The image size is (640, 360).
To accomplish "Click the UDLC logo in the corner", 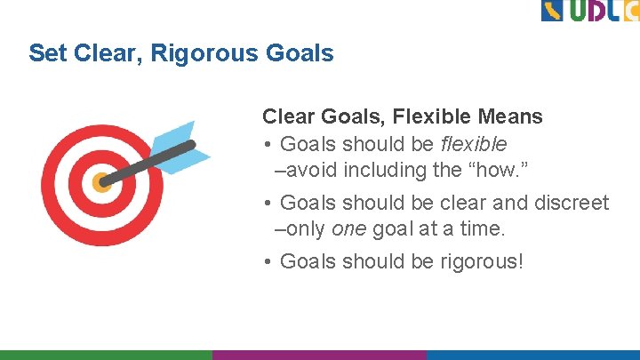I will point(589,12).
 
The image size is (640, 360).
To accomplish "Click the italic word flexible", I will point(474,144).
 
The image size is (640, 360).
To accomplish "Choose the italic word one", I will point(348,229).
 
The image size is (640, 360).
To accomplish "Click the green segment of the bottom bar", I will point(106,354).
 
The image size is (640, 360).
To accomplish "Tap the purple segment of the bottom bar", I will point(319,354).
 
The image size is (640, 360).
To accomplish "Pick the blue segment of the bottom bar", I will point(532,354).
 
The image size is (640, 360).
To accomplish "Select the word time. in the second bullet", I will point(482,229).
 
